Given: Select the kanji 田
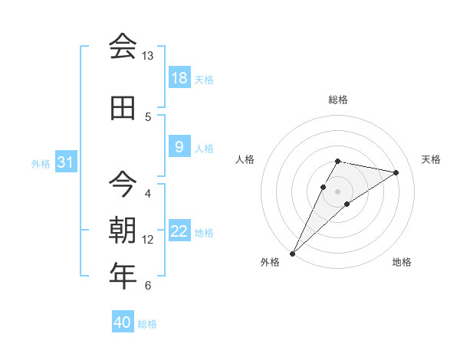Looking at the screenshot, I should click(123, 108).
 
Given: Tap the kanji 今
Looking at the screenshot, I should click(123, 182).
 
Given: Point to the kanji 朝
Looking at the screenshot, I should click(123, 229).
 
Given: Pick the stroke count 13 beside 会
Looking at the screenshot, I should click(148, 56).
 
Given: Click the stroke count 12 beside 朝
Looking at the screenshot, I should click(148, 240).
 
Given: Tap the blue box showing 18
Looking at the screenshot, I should click(179, 78).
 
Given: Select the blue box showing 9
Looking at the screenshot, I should click(179, 147).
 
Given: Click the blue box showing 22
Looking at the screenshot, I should click(179, 231).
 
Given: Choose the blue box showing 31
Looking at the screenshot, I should click(66, 162).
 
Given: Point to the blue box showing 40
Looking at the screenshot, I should click(123, 322).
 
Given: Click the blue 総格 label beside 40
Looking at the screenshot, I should click(147, 324).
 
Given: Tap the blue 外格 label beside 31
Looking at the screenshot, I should click(40, 164).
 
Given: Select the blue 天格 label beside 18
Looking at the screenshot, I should click(204, 80).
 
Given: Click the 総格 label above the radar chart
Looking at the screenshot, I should click(337, 100).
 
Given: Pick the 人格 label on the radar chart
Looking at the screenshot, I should click(245, 159).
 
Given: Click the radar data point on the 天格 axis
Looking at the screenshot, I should click(396, 172).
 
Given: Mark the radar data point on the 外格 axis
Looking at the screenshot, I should click(293, 253).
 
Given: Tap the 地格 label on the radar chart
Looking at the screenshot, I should click(402, 263).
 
